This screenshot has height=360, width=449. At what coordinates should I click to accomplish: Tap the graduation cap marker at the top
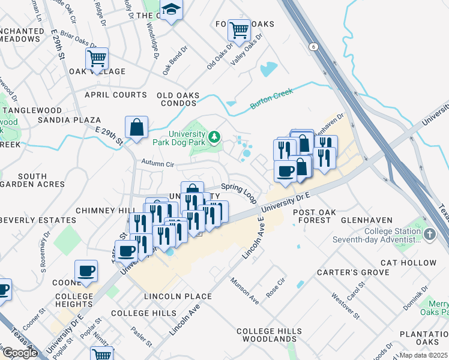click(172, 10)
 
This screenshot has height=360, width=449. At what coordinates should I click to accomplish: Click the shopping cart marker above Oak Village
click(96, 58)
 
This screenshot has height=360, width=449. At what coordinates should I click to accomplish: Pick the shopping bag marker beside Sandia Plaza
click(136, 127)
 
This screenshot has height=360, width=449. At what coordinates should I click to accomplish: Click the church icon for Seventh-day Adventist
click(430, 234)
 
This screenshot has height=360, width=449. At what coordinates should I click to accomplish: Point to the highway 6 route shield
click(313, 46)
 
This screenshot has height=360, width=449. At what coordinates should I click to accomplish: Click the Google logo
click(20, 353)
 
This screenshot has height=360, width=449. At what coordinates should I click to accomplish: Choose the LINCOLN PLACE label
click(178, 296)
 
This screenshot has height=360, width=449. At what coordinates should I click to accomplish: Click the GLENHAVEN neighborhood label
click(366, 220)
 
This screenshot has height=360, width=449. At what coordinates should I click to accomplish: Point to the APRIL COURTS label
click(116, 95)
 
